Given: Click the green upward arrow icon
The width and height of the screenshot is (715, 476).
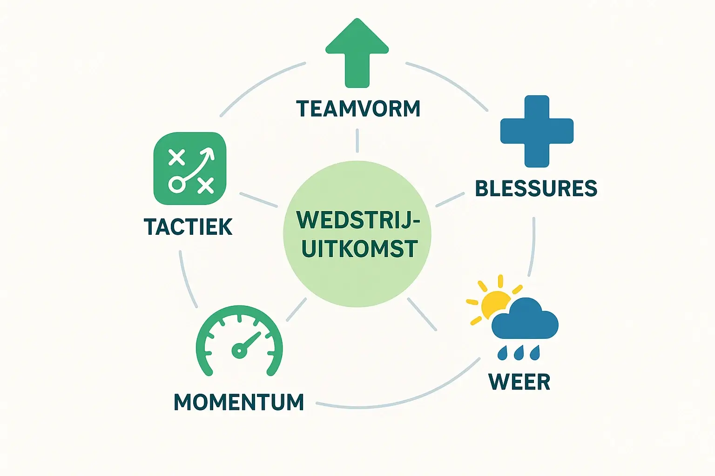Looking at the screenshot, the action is coord(357,53).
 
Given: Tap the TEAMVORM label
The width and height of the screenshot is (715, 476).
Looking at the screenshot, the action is coord(358,109).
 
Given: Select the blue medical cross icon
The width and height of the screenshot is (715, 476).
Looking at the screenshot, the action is coord(537,131).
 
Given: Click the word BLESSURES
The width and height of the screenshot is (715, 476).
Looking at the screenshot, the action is coord(536,188).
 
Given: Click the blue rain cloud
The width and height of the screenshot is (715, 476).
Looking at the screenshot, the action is coord(525,319).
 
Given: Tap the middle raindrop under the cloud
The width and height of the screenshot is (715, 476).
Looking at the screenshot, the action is coord(519,353).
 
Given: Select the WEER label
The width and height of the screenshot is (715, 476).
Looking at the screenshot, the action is coord(519,381).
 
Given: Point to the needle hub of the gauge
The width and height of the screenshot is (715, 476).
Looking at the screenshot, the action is coord(239,350).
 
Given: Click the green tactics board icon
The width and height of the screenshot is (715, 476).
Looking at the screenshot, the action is coord(190,168).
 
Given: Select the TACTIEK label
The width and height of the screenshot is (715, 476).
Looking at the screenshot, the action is coord(188,227).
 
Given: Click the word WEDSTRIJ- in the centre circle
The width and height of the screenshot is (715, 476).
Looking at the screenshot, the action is coord(358,220).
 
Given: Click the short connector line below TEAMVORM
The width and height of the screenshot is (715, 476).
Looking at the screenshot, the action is coord(357,140).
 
